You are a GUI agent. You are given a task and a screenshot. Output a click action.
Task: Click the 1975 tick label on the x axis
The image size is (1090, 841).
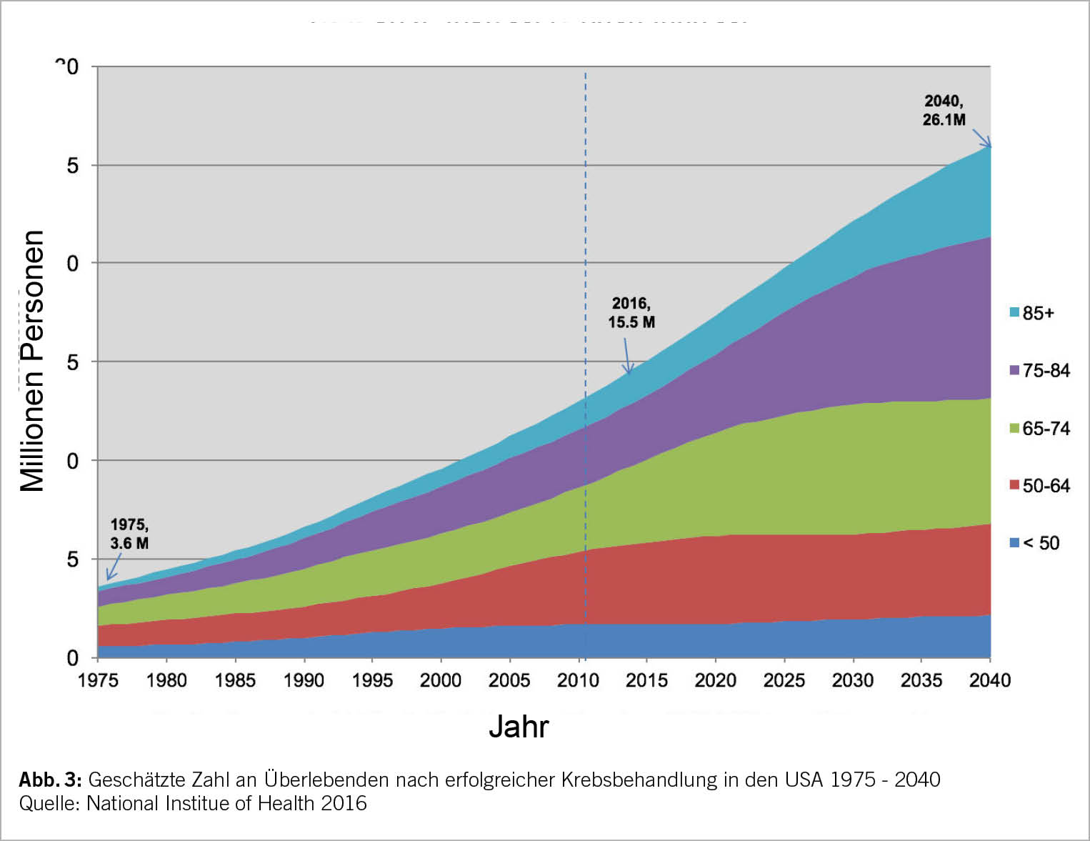[98, 680]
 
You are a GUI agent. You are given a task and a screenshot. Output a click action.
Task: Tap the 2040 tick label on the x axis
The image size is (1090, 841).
[990, 680]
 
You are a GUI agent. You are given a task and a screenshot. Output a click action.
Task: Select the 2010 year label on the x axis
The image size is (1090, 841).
[578, 680]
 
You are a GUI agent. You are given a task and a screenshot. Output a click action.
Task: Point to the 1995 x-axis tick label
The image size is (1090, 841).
[372, 680]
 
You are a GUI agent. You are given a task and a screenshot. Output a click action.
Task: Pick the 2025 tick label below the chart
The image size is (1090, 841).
[784, 680]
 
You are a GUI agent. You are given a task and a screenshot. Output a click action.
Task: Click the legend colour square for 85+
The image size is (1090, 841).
[1014, 312]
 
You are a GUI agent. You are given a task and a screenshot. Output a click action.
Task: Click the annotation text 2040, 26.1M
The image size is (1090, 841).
[944, 111]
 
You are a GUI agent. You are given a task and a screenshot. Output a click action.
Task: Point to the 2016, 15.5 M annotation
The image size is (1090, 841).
[631, 313]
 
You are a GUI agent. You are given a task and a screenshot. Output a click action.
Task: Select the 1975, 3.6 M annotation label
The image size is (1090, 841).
[129, 534]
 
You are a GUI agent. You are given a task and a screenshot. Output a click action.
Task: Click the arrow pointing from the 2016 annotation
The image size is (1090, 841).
[626, 356]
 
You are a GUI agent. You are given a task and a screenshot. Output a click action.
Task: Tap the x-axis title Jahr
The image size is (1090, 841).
[519, 727]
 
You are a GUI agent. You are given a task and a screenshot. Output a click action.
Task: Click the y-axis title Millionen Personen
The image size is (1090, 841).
[33, 361]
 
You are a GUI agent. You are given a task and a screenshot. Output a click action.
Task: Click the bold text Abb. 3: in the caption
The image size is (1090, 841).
[50, 780]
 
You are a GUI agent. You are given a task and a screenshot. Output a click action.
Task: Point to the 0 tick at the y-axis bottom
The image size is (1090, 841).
[72, 657]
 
